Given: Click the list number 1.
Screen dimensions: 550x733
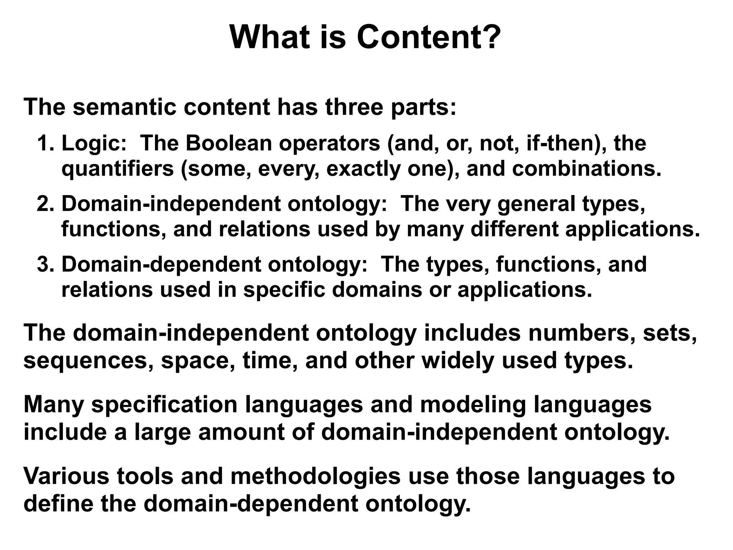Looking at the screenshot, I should pos(45,143).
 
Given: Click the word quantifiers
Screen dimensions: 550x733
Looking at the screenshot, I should pos(118,169).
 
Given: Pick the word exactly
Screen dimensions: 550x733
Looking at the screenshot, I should pos(363,169).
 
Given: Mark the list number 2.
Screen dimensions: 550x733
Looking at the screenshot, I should pos(45,204).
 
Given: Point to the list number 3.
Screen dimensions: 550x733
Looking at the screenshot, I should pos(45,264).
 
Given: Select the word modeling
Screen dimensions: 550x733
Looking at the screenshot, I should pos(472,405).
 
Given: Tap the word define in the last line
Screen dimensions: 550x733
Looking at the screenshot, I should pos(58,503).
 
